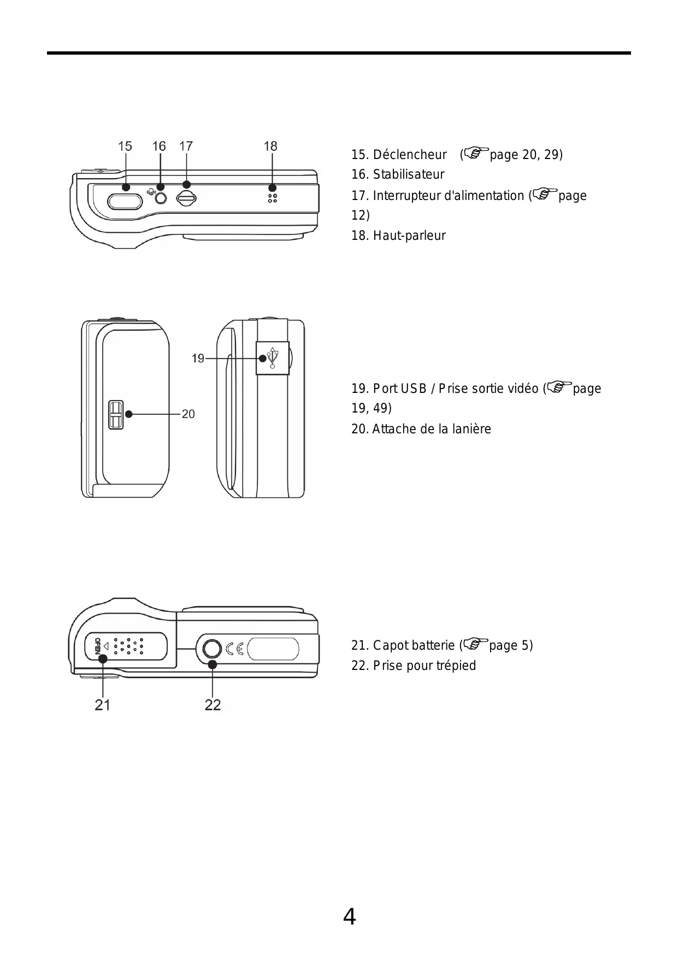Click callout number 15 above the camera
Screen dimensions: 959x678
[125, 146]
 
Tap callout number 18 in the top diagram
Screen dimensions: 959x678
[270, 146]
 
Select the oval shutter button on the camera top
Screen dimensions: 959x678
[126, 202]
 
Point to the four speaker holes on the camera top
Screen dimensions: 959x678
[272, 198]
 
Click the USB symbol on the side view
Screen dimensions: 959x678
[273, 358]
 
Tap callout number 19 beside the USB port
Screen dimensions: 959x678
[198, 358]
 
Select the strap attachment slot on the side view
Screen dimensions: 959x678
[116, 415]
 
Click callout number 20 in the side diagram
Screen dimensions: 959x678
[188, 414]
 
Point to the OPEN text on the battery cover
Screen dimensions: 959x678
[98, 646]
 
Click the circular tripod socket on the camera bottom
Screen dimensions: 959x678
[212, 649]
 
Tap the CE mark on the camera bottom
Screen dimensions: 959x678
[235, 649]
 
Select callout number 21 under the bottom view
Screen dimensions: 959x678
[102, 705]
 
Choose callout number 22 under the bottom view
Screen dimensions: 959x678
[213, 705]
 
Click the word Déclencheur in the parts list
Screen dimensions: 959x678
[410, 155]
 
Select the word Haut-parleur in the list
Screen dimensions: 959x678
[409, 236]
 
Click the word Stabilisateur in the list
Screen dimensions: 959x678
[409, 175]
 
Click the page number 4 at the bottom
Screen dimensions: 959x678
[349, 916]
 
